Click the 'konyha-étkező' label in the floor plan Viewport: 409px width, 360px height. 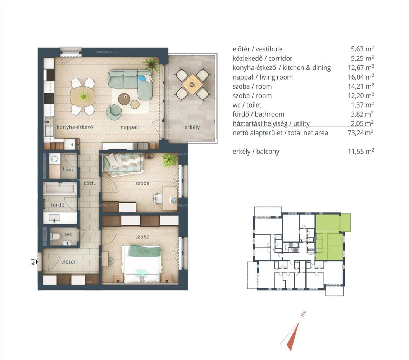75,127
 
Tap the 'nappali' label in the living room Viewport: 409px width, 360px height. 129,127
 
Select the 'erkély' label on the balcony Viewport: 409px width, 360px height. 192,127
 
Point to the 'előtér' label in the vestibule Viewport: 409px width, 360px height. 68,262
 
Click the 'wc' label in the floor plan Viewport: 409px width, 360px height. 68,234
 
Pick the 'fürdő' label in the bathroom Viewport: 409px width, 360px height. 58,205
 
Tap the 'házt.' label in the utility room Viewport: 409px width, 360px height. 69,169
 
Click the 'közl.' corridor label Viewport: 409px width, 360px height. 89,183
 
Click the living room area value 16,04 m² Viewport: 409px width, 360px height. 361,77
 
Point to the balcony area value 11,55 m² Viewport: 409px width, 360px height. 361,151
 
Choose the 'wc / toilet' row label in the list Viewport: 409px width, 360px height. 247,105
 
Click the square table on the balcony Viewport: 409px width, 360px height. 192,84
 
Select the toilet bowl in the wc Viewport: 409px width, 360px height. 55,236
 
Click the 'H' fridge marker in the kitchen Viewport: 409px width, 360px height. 72,144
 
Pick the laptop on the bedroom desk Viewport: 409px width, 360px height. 172,200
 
